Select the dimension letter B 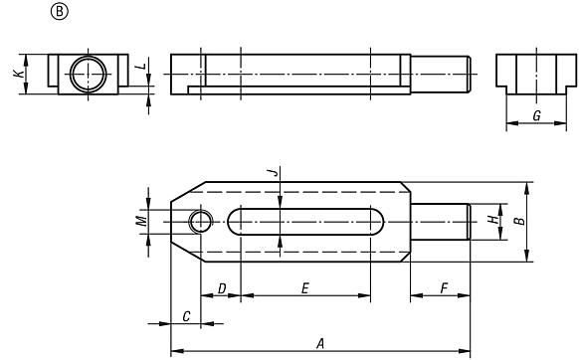pyautogui.click(x=518, y=220)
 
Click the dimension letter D pyautogui.click(x=222, y=288)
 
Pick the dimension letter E pyautogui.click(x=304, y=288)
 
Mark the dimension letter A pyautogui.click(x=319, y=343)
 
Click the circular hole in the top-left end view pyautogui.click(x=87, y=74)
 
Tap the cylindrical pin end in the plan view pyautogui.click(x=439, y=221)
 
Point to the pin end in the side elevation pyautogui.click(x=438, y=74)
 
